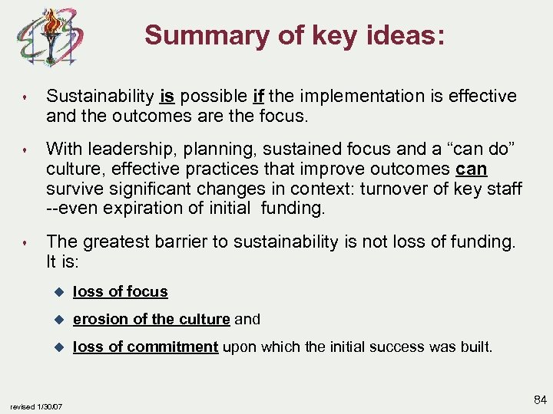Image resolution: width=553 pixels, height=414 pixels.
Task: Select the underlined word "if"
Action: coord(259,97)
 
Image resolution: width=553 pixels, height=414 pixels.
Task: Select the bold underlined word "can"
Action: coord(472,168)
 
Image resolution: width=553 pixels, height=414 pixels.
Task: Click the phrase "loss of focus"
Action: coord(120,291)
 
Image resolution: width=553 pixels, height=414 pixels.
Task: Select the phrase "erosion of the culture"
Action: coord(151,319)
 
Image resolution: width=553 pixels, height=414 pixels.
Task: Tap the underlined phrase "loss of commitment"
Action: coord(145,347)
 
